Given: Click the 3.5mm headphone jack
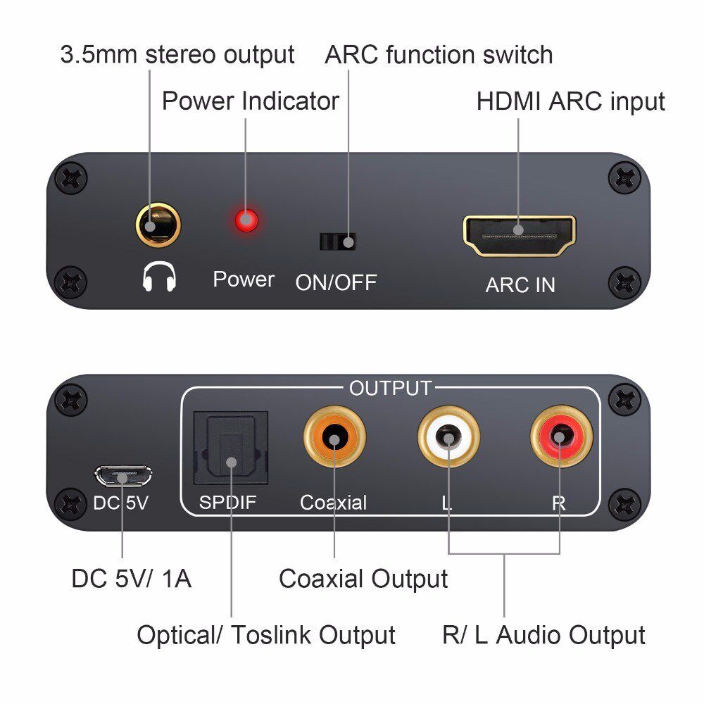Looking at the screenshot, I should (x=158, y=226).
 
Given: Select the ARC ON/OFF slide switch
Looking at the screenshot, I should (x=337, y=241).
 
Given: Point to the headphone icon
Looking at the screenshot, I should (x=159, y=279).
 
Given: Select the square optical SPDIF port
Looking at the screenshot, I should (x=230, y=448).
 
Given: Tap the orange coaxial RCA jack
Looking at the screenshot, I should (x=334, y=439).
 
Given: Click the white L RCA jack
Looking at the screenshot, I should (x=448, y=439).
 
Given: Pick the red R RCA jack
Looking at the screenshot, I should (x=560, y=439).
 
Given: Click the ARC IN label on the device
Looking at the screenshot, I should (x=520, y=285).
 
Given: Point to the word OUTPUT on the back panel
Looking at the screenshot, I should (x=390, y=389).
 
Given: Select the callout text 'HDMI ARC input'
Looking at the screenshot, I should (x=570, y=101).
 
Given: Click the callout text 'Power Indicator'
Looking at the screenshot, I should (x=251, y=101).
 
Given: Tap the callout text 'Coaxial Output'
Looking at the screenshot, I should (x=363, y=579).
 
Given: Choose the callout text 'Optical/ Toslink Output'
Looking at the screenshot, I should (x=265, y=635).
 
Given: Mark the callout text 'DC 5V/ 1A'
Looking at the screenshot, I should (x=131, y=579).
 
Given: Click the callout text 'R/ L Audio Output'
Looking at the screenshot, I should (x=543, y=635).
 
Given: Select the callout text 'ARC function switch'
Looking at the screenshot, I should (x=439, y=55).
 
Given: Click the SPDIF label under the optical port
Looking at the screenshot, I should (x=229, y=503).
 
